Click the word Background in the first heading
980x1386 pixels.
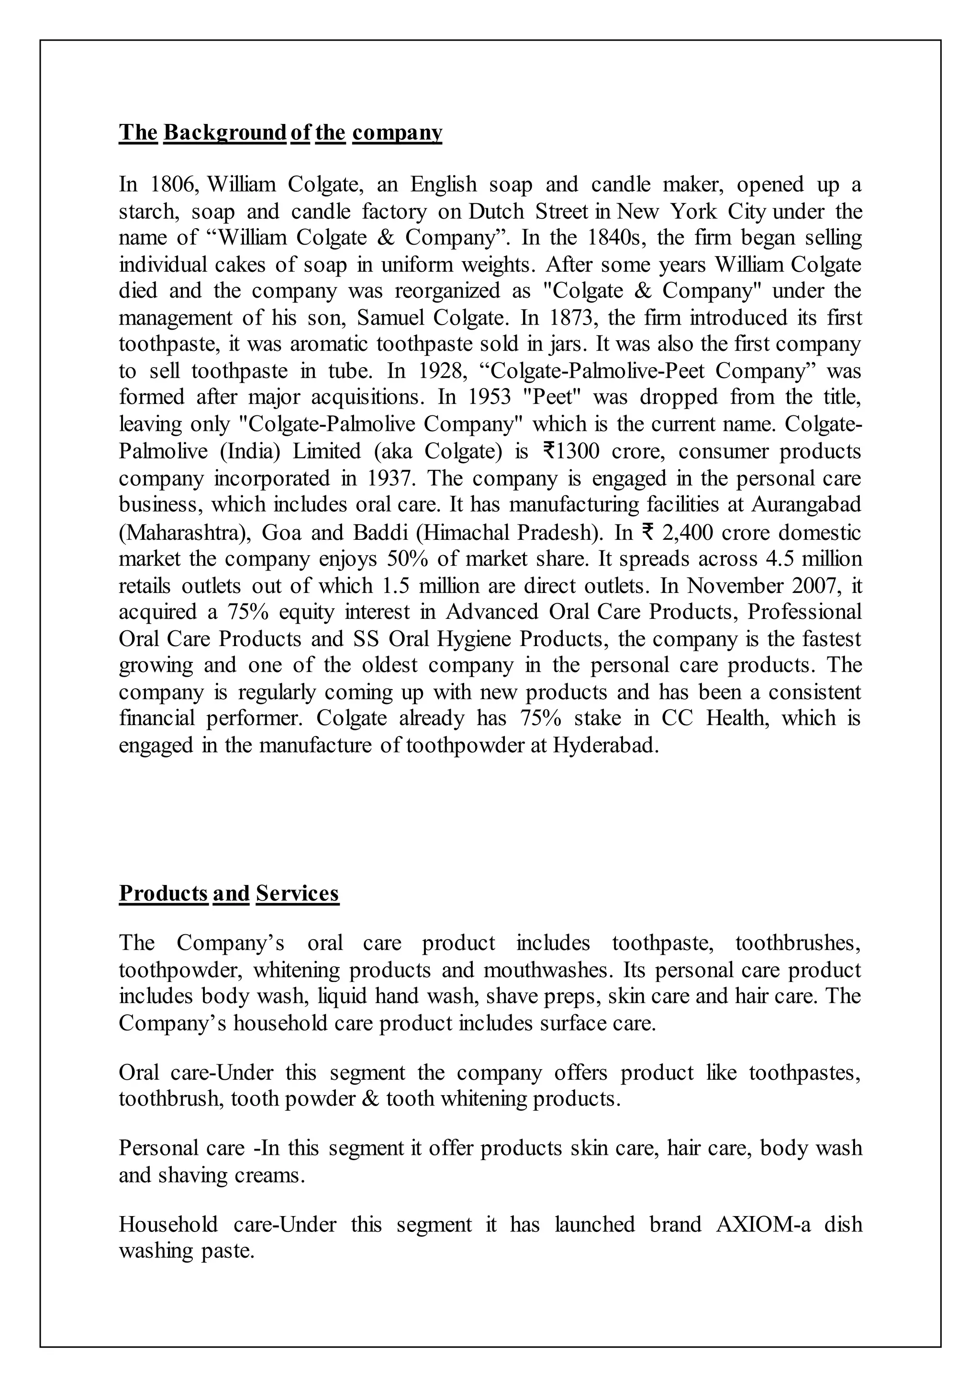224,132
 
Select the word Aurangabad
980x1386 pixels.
806,504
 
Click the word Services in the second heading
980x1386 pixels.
298,893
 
